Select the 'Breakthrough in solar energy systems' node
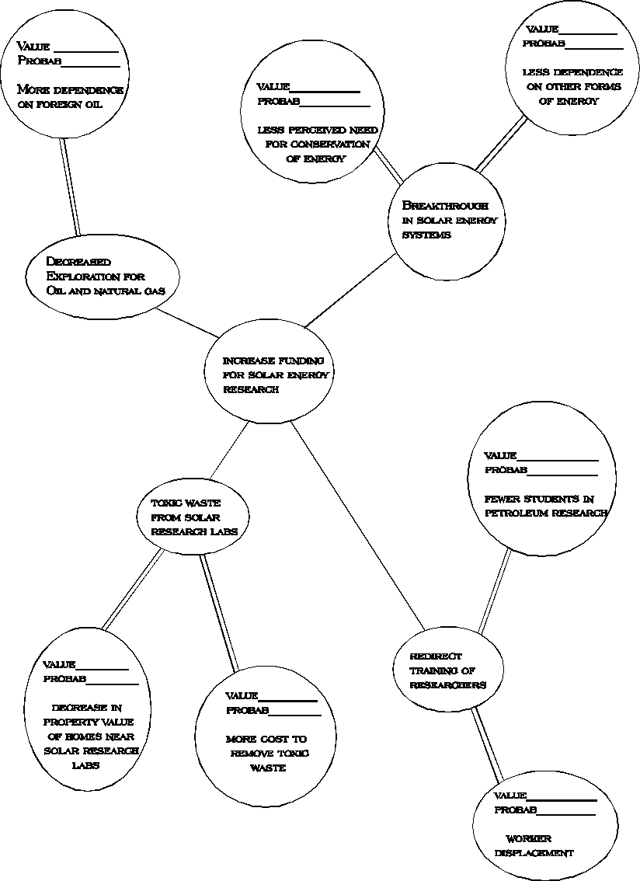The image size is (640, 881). [x=444, y=220]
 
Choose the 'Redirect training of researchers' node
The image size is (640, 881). [x=447, y=670]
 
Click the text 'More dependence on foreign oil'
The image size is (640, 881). [x=70, y=97]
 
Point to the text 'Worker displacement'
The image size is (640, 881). [x=528, y=845]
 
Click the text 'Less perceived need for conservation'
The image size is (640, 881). [x=318, y=144]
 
